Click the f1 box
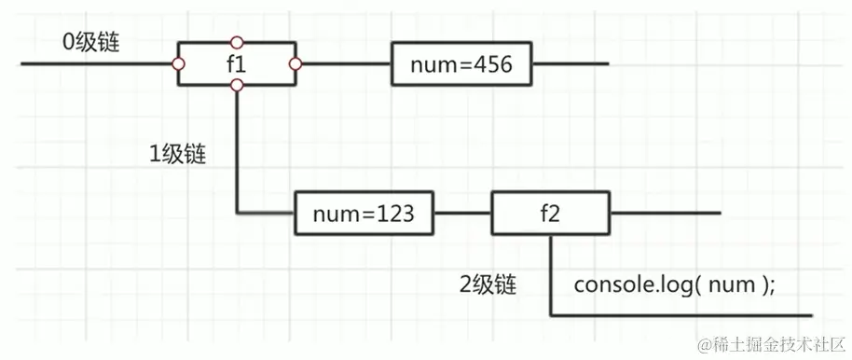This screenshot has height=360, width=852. click(x=237, y=63)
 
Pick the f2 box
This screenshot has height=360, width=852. click(x=551, y=214)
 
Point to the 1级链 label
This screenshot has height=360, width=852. click(x=178, y=155)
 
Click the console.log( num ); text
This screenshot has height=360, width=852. click(x=675, y=285)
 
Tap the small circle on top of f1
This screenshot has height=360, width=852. click(x=237, y=42)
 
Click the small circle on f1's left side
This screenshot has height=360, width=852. click(x=178, y=63)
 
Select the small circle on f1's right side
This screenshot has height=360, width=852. click(x=295, y=63)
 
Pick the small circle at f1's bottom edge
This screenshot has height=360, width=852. click(x=237, y=86)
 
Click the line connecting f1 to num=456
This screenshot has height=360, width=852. click(x=343, y=64)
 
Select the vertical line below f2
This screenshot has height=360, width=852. click(x=551, y=275)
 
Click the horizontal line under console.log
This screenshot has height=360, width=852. click(x=680, y=315)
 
